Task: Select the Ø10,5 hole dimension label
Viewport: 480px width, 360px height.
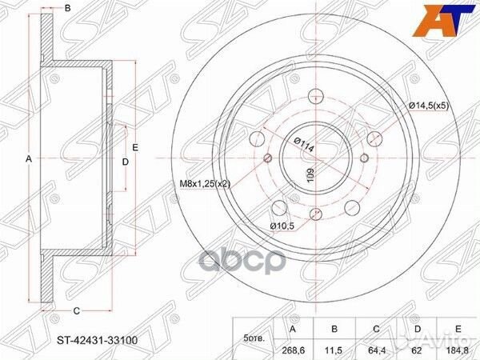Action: [x=282, y=226]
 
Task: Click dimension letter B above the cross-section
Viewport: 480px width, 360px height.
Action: [x=67, y=8]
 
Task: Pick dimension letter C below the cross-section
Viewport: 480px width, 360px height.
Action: [x=74, y=310]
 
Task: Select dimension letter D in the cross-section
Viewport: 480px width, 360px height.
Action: [x=125, y=162]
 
